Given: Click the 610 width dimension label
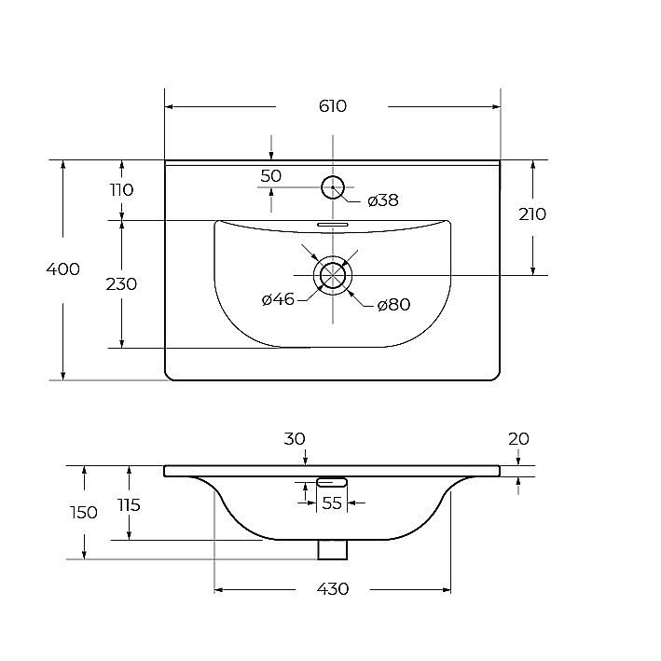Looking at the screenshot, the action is click(x=333, y=106).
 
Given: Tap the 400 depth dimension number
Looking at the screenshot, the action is click(x=62, y=269).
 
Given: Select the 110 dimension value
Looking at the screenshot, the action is click(x=122, y=189).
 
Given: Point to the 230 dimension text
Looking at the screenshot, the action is click(x=121, y=284).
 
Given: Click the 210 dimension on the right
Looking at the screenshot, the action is click(x=532, y=214).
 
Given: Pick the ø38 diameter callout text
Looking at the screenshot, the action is click(x=383, y=200).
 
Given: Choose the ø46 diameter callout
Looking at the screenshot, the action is click(x=278, y=299).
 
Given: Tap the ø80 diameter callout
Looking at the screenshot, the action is click(x=393, y=304).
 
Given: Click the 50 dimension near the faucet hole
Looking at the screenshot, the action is click(x=270, y=176).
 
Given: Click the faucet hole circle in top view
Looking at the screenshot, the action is click(x=333, y=176).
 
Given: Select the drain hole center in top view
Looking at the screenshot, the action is click(x=333, y=275).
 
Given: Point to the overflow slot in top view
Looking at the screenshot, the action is click(x=333, y=225).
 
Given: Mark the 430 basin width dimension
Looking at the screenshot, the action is click(x=333, y=589).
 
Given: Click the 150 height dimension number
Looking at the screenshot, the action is click(x=84, y=513).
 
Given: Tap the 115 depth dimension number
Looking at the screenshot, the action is click(x=129, y=505).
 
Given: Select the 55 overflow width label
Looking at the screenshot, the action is click(x=332, y=503).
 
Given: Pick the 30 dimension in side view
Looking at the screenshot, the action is click(x=295, y=439).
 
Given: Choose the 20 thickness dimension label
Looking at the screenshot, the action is click(x=518, y=439).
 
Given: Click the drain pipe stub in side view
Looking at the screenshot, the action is click(x=333, y=550).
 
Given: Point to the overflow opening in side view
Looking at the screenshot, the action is click(x=332, y=482).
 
